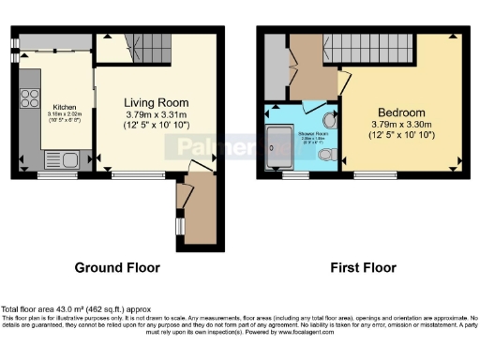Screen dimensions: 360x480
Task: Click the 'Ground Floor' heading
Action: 117,267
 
